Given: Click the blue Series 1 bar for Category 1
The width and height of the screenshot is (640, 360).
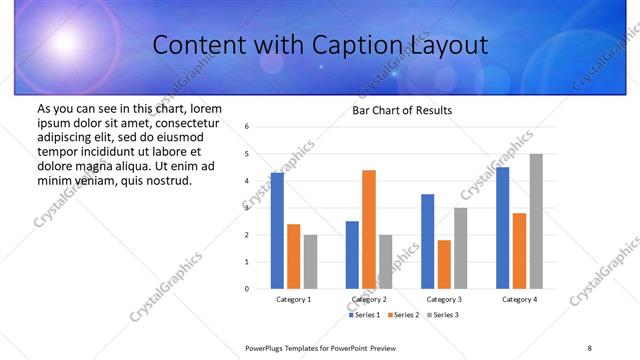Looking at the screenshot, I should pos(277,231).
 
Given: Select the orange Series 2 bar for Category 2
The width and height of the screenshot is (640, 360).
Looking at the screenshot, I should pos(369,229).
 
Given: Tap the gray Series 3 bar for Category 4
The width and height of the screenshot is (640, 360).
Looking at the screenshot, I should pos(536,221).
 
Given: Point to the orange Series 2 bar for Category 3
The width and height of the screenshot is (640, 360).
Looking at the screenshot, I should pos(444,264).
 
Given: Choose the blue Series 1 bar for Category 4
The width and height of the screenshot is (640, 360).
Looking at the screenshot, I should pos(502,228).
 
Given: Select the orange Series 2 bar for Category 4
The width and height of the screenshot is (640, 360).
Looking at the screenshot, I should pos(519,251).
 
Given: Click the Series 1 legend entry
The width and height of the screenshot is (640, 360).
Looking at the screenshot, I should pos(364,315).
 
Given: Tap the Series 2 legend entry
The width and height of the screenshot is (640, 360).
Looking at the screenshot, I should pos(403,315).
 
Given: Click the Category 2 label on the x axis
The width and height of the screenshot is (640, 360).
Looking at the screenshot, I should pos(369,299).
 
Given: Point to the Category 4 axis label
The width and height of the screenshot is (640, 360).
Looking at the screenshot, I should pos(519,299).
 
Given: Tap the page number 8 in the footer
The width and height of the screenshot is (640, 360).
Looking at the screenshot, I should pos(590,347).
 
